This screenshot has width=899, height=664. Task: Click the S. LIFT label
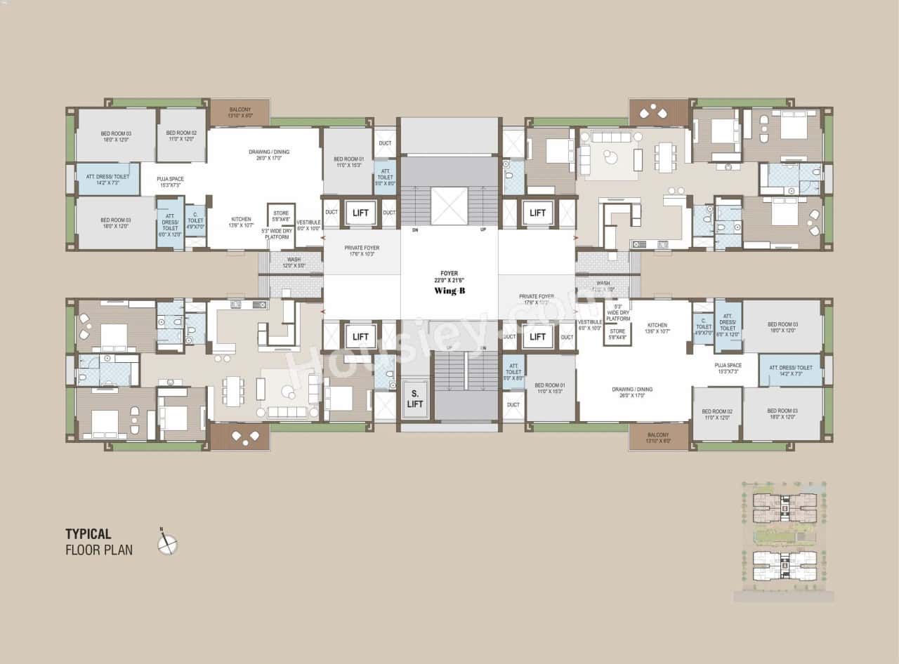[x=415, y=399]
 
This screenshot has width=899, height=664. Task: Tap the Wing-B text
[x=449, y=290]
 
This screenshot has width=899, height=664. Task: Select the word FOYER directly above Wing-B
[x=449, y=274]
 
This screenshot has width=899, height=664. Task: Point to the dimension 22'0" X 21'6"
[x=449, y=281]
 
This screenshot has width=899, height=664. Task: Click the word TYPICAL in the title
[x=88, y=534]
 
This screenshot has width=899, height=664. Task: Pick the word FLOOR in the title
[x=81, y=550]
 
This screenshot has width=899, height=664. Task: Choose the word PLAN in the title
[x=117, y=550]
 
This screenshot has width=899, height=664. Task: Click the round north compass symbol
[x=168, y=544]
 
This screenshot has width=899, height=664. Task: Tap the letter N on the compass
[x=161, y=529]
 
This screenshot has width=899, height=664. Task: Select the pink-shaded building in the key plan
[x=785, y=507]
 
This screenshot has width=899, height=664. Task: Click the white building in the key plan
[x=785, y=566]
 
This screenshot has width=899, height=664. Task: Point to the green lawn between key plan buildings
[x=785, y=537]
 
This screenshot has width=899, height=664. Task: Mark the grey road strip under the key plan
[x=785, y=596]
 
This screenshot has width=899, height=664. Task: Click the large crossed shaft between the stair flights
[x=449, y=206]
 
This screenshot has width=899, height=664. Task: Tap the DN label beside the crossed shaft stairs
[x=415, y=230]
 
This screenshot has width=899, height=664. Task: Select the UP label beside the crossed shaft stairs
[x=483, y=230]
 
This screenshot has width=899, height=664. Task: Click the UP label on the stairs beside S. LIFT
[x=449, y=348]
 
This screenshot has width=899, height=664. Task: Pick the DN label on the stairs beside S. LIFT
[x=483, y=348]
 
